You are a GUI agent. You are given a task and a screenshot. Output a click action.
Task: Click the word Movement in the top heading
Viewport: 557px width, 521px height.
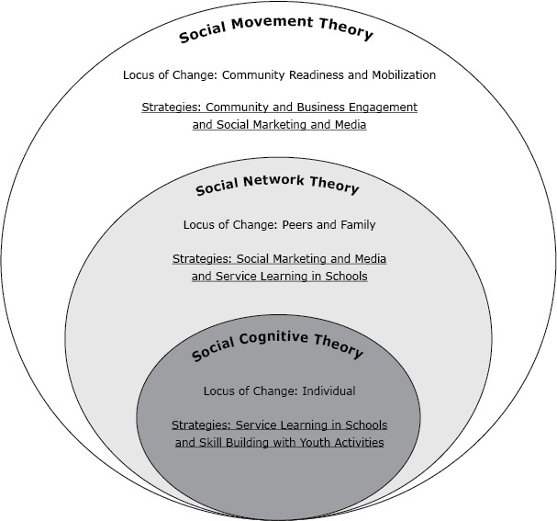click(273, 23)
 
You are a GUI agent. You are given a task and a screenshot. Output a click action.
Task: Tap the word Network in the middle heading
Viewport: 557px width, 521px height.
click(273, 180)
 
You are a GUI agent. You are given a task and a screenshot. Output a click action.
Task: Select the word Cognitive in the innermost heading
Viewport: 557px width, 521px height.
click(273, 338)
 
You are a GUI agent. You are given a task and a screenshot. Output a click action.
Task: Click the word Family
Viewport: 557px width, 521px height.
click(358, 225)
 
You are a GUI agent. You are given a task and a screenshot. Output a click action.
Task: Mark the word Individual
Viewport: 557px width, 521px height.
click(329, 391)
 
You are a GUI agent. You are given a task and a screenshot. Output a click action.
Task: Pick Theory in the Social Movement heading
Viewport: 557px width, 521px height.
click(345, 29)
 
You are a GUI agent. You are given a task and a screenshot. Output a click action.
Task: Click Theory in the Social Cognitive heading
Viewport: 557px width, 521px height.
click(338, 346)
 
